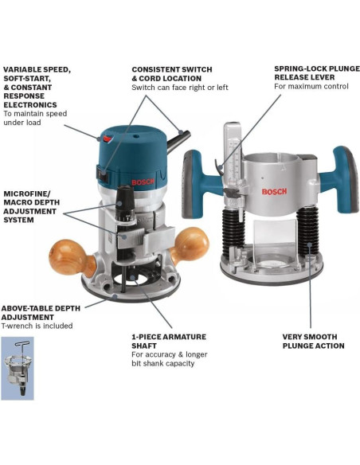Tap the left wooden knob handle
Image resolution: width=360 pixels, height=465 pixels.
(x=71, y=257)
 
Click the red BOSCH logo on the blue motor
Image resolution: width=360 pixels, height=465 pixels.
(x=143, y=182)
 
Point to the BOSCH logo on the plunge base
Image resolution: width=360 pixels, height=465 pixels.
(x=274, y=192)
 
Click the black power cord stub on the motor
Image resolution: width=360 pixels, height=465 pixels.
(x=178, y=142)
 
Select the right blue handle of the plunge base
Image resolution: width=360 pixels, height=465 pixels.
(x=340, y=179)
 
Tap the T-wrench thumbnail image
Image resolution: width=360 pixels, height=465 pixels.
(x=18, y=368)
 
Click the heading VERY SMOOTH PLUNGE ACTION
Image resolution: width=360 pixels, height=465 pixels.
(x=314, y=342)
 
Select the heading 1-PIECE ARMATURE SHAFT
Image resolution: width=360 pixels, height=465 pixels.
(x=169, y=342)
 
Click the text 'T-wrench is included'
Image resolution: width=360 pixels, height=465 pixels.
(x=37, y=326)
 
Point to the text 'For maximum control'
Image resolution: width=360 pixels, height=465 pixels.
(x=311, y=86)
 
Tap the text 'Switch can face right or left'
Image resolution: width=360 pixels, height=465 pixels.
(x=180, y=88)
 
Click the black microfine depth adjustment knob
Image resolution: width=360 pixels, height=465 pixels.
(x=125, y=204)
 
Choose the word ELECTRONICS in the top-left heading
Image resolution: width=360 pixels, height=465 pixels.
(x=30, y=105)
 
